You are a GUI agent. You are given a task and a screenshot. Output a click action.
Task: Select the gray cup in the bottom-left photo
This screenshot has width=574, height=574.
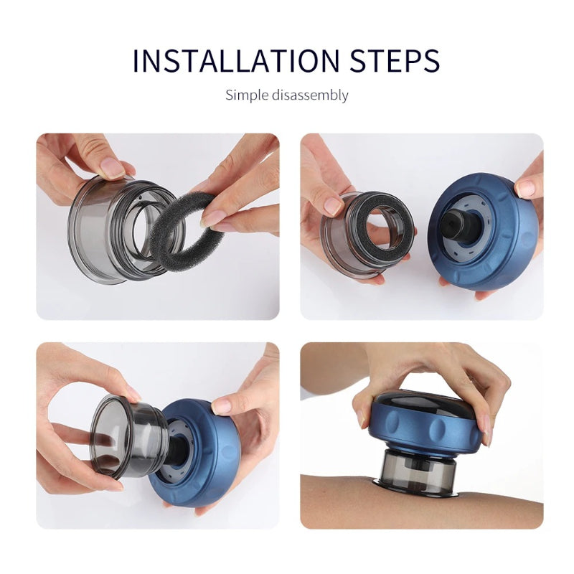click(x=122, y=438)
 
